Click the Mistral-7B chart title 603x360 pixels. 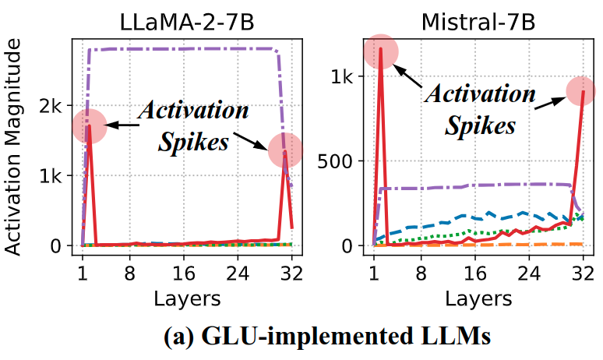coord(478,21)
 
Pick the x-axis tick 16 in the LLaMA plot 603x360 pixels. coord(184,274)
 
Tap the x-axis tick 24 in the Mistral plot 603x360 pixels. coord(529,274)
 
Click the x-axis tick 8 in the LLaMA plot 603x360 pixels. coord(129,274)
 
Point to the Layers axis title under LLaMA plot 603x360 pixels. coord(187,298)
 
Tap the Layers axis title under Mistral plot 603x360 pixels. coord(478,298)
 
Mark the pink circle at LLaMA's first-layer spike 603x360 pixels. coord(89,125)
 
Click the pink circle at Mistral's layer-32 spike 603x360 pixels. coord(582,90)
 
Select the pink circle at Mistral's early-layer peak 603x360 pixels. coord(381,51)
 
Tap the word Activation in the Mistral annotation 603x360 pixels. coord(481,94)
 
